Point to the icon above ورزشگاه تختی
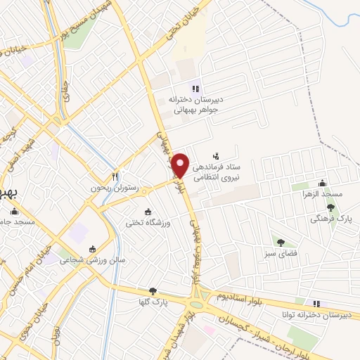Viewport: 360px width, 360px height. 148,212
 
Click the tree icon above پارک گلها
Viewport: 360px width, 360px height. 153,290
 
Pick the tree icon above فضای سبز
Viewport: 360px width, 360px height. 281,242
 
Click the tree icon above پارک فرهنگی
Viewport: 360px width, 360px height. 330,207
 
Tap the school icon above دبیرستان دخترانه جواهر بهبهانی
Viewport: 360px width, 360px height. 195,88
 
